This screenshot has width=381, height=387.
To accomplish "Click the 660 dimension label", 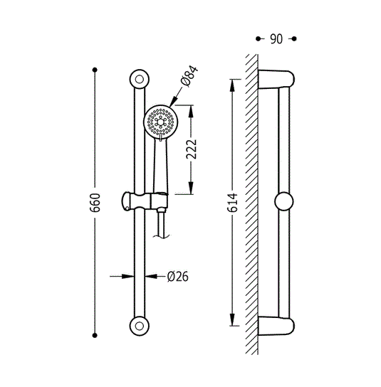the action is coord(95,203).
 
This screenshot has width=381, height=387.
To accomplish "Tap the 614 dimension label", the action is coord(232,203).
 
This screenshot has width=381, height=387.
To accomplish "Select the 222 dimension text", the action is coord(192,149).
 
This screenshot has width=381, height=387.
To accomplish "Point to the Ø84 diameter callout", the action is coord(189,76).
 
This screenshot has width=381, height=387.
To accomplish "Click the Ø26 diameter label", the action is coord(177,277).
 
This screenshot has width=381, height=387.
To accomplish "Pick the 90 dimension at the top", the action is coord(276,39).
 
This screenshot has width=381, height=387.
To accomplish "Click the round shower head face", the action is coord(161,122).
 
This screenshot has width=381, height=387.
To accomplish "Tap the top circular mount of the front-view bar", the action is coord(140,79).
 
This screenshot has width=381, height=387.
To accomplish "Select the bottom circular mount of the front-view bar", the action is coord(140,326).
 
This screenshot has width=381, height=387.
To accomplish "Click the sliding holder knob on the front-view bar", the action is coord(127,201).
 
